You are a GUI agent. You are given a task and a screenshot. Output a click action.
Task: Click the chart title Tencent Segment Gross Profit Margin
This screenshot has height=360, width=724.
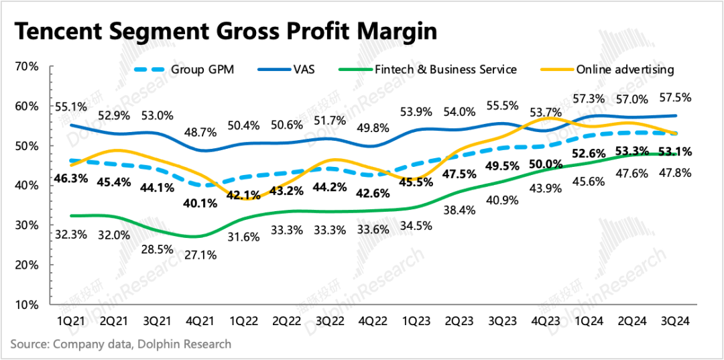(x=226, y=32)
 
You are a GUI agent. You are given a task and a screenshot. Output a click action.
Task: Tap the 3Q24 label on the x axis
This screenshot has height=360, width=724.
(x=674, y=322)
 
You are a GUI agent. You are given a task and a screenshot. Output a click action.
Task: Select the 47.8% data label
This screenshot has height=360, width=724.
(x=674, y=173)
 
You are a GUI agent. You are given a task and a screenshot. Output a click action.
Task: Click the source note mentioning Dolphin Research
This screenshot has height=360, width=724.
(x=121, y=344)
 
